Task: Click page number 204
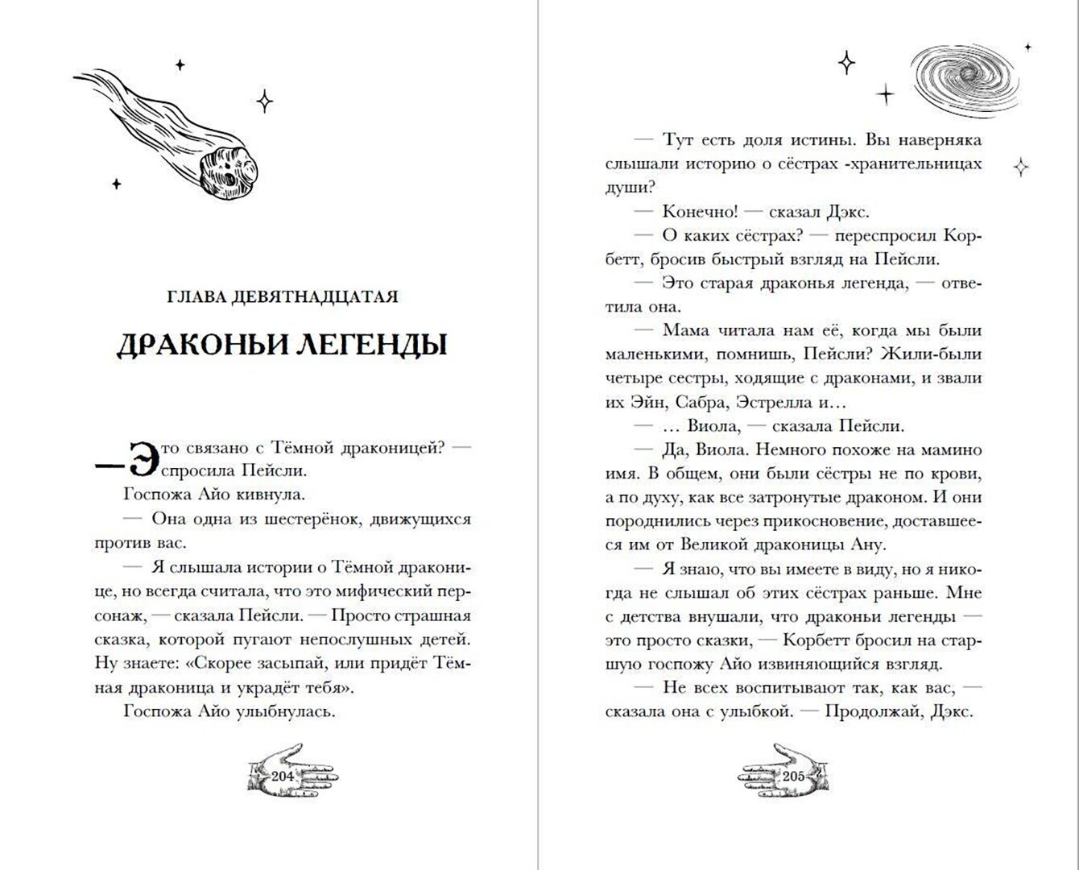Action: point(283,777)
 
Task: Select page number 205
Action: point(793,777)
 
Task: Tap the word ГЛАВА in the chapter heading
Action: point(194,297)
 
